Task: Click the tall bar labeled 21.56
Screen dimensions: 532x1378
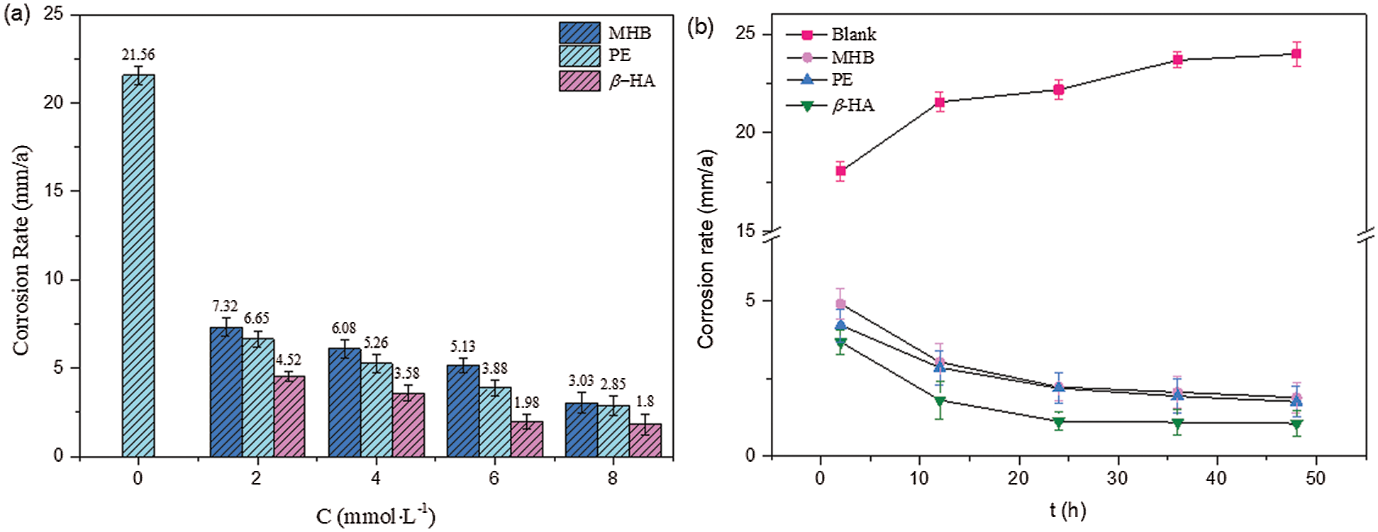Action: click(x=138, y=265)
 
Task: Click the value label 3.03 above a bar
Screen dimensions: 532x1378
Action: click(x=581, y=381)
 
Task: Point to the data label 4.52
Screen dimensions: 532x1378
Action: click(x=289, y=360)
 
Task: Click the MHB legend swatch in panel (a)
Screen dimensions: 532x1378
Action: click(x=579, y=33)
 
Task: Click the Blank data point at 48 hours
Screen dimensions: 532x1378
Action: click(x=1296, y=54)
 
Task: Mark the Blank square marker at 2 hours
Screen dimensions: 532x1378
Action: click(x=840, y=171)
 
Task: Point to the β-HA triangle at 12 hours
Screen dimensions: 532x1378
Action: click(x=940, y=401)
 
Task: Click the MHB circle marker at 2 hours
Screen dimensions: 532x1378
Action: click(x=840, y=304)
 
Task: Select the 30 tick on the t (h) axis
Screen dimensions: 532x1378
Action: click(x=1117, y=478)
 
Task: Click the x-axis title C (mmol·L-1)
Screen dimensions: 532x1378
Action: click(x=375, y=516)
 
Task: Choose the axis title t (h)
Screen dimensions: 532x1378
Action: click(x=1068, y=509)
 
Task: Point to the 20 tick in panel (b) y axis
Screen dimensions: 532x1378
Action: click(x=746, y=133)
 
